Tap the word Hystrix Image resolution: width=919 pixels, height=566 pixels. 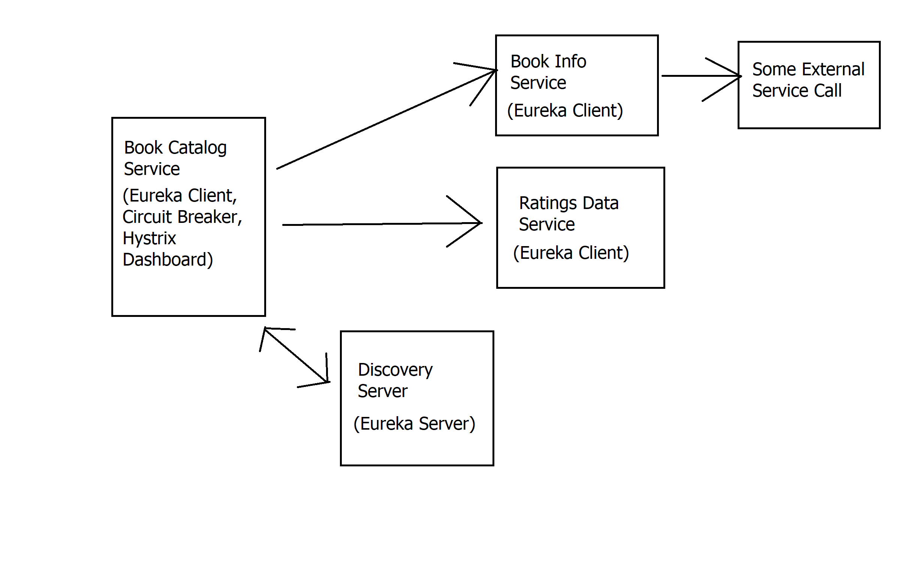149,239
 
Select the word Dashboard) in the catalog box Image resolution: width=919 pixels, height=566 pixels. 168,260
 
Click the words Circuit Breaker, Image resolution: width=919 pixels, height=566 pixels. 182,217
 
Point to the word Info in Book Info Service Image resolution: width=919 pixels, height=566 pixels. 570,62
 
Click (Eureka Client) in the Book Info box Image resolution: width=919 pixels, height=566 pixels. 565,111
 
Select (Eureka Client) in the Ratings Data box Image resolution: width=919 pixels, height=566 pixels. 571,253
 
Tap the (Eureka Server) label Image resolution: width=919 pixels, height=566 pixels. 414,424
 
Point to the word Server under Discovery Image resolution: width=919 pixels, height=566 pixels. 382,391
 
